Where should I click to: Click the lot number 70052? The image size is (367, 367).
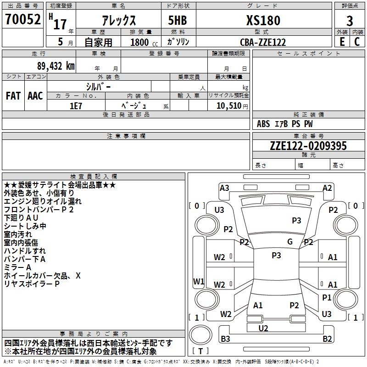click(22, 19)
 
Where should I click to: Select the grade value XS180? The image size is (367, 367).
click(263, 20)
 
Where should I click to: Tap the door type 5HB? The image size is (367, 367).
click(178, 20)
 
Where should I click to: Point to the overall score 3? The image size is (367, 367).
click(350, 21)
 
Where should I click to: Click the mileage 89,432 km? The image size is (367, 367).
click(56, 66)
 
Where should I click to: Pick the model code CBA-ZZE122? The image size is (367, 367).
click(263, 42)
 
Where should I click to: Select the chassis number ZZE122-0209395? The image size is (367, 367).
click(308, 146)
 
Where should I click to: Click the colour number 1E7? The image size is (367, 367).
click(76, 106)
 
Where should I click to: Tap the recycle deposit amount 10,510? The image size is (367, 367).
click(229, 106)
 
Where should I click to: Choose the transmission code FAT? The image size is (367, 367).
click(13, 96)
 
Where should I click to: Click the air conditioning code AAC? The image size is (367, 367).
click(35, 96)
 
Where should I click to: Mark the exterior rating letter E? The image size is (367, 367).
click(342, 42)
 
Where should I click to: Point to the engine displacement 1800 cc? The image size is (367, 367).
click(144, 43)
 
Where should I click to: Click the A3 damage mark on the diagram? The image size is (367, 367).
click(224, 188)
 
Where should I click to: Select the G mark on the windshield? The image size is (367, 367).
click(290, 242)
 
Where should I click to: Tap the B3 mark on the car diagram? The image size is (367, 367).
click(225, 339)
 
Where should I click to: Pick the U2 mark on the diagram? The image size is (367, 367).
click(263, 328)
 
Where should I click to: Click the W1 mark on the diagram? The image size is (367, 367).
click(199, 282)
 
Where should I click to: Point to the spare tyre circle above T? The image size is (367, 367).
click(200, 335)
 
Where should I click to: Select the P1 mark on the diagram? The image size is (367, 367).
click(327, 297)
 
